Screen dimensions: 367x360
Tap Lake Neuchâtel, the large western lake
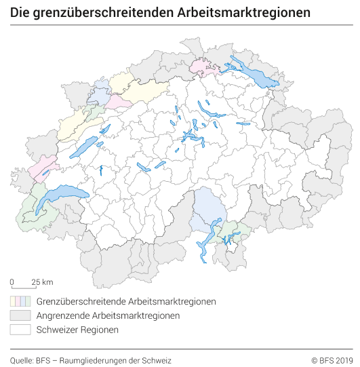coord(84,147)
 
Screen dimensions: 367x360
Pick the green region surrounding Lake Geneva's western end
coord(31,216)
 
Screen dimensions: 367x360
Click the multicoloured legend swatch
coord(20,301)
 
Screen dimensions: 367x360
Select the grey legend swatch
coord(20,315)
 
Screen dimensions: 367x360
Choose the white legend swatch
coord(20,330)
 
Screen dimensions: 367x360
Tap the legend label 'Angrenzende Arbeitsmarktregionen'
coord(108,315)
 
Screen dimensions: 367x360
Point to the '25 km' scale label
coord(42,282)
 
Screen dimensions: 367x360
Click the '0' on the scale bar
coord(12,282)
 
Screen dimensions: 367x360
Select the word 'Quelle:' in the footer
coord(22,360)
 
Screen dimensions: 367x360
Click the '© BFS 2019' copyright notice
coord(332,360)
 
